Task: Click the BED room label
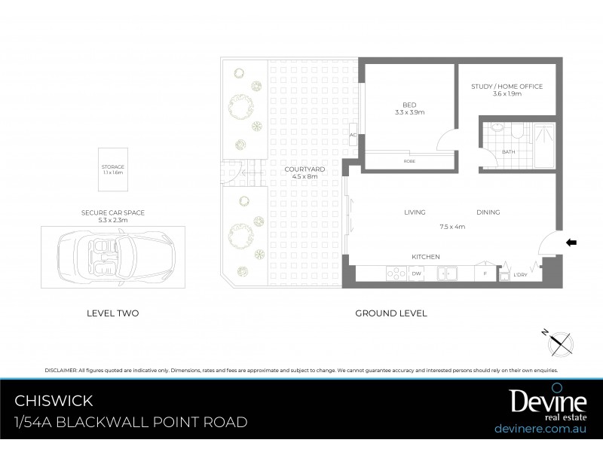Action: coord(410,104)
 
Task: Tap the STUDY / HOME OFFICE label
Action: coord(507,87)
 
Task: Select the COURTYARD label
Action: coord(305,169)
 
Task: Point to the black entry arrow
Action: coord(571,243)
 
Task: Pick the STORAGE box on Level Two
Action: coord(113,169)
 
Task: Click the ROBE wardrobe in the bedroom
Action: coord(409,160)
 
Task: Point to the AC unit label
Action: coord(352,136)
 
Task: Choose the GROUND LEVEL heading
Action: coord(391,313)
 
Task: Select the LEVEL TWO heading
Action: coord(113,313)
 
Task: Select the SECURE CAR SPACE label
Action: coord(113,212)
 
